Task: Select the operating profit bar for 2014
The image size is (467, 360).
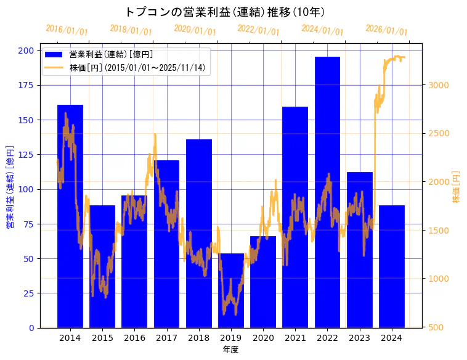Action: (70, 216)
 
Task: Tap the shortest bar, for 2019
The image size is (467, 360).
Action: (231, 290)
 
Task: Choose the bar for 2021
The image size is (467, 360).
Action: (295, 216)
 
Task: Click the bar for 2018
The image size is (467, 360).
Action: (198, 234)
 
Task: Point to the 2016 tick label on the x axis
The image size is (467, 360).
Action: (134, 338)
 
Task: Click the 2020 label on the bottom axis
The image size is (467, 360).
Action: (263, 338)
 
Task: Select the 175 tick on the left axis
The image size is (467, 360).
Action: (26, 85)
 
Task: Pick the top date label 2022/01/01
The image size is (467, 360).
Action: (258, 30)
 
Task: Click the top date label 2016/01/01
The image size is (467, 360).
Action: (67, 30)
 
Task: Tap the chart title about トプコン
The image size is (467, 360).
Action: (225, 12)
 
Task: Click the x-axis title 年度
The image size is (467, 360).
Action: (230, 350)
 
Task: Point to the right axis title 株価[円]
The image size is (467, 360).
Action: (457, 187)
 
